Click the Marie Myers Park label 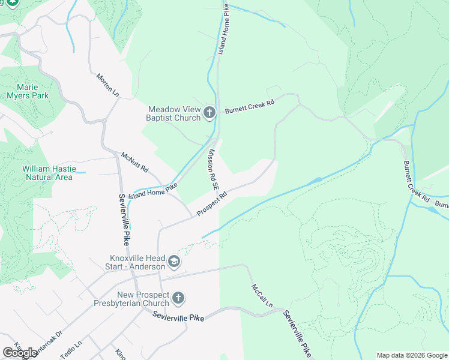pos(28,91)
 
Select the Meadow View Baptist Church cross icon pos(209,113)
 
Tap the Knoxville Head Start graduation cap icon pos(173,262)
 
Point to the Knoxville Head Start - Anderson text pos(133,262)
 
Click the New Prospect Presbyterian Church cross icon pos(178,298)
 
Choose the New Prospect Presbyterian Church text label pos(143,299)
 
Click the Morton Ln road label pos(108,85)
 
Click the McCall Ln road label pos(262,296)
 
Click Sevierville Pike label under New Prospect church pos(178,316)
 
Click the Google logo pos(20,353)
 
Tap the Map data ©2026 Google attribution pos(412,355)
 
